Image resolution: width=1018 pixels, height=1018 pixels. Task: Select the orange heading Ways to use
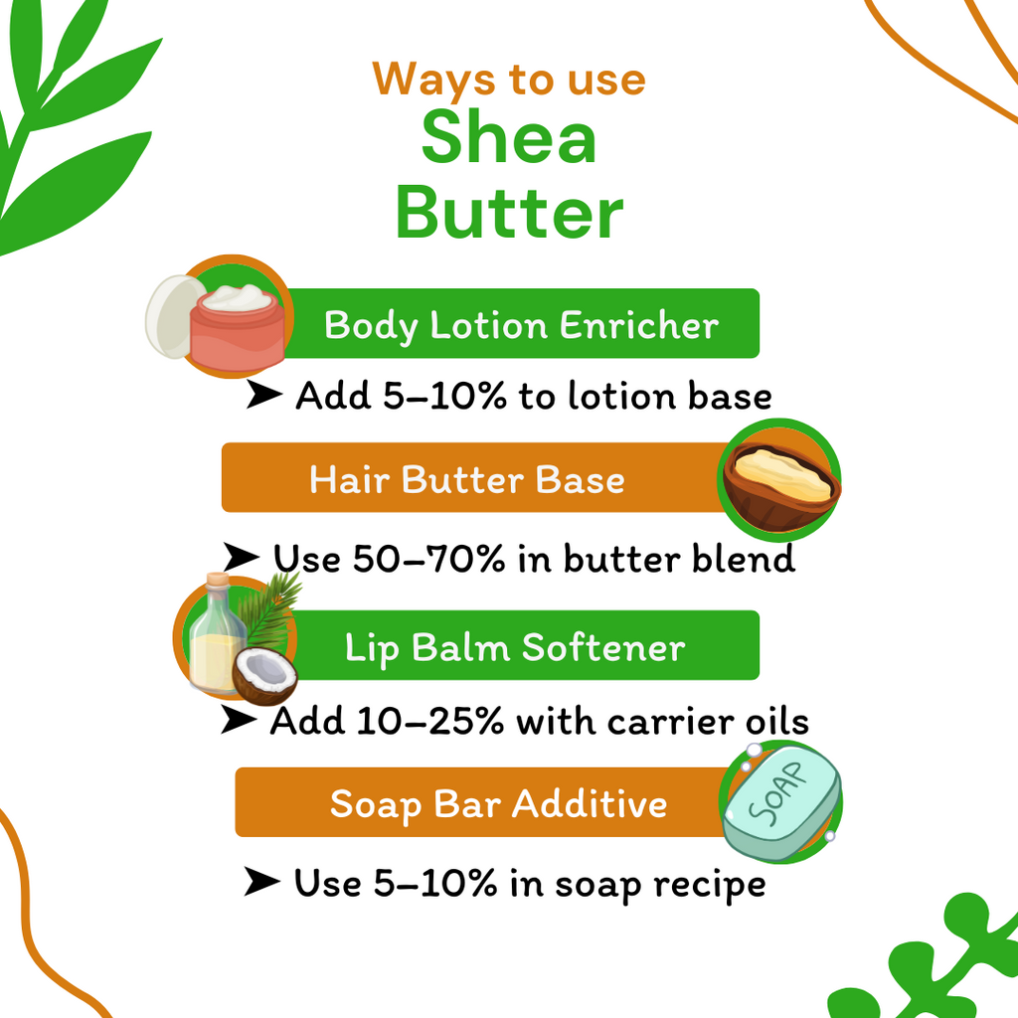(x=509, y=79)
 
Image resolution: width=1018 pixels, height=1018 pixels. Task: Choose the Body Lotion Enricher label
(x=521, y=325)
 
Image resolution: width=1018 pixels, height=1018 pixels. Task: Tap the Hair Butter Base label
(x=467, y=480)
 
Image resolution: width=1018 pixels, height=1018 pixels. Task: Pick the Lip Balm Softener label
(x=515, y=648)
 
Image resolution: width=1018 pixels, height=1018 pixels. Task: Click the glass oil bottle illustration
(x=215, y=636)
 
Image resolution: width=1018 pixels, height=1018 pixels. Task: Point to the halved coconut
(x=264, y=676)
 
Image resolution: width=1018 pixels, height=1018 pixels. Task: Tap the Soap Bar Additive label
(x=498, y=803)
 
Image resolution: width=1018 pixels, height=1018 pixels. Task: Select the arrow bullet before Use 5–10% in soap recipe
(x=261, y=882)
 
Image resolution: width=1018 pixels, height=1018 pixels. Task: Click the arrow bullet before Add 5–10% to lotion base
(x=263, y=396)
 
